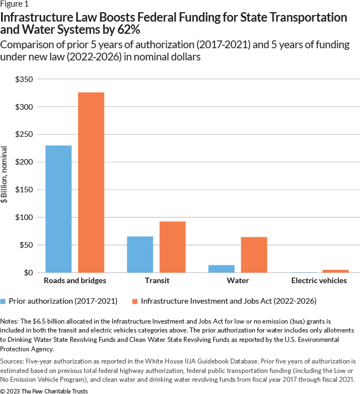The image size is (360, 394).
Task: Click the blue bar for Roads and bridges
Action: [58, 209]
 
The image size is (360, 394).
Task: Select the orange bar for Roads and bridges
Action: [91, 182]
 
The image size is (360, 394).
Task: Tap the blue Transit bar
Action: [140, 254]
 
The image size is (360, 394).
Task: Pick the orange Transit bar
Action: [173, 247]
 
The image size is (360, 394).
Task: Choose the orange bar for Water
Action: [254, 255]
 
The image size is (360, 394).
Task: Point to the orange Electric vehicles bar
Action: [336, 271]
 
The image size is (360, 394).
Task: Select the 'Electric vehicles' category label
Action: [319, 280]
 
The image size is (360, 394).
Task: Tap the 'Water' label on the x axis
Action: [238, 280]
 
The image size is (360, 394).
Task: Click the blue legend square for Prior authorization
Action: [5, 301]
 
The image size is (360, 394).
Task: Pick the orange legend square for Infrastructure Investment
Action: [135, 301]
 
